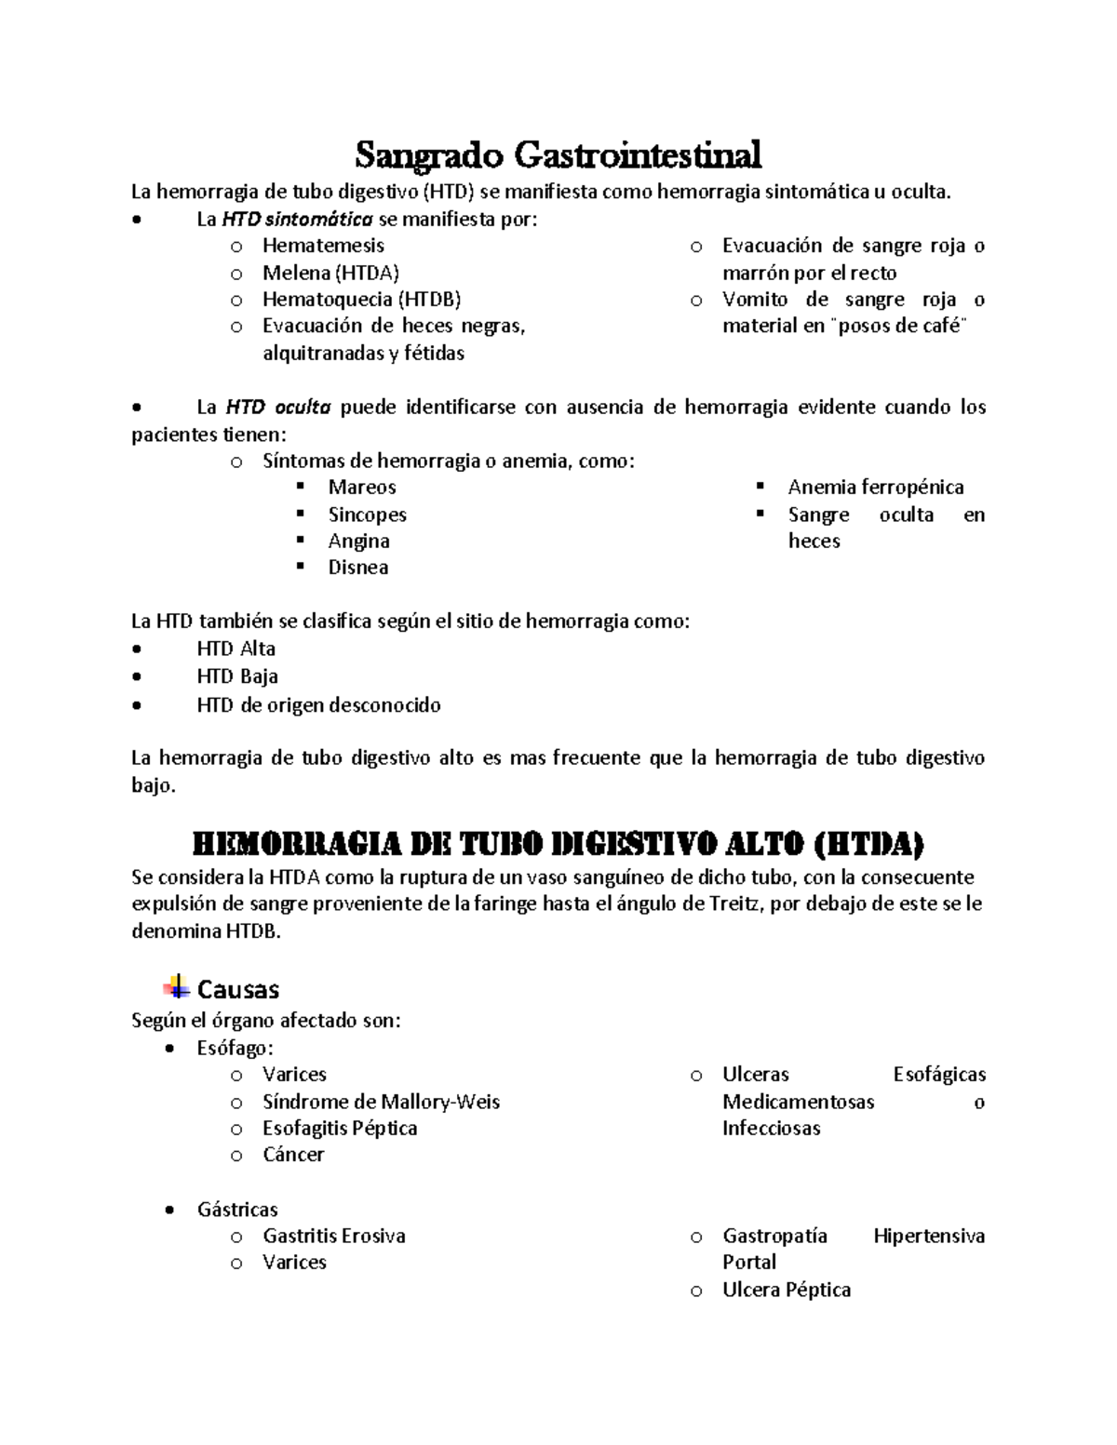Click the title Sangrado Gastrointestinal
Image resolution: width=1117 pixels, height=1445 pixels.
click(x=558, y=154)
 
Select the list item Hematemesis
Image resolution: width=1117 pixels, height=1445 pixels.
click(x=323, y=246)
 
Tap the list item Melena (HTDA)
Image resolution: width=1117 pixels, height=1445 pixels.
click(x=330, y=273)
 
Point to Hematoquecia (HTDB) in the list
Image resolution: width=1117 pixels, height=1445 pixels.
click(x=361, y=300)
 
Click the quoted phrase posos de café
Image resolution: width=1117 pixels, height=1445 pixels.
click(x=897, y=327)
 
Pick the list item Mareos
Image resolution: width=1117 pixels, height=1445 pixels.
click(x=362, y=488)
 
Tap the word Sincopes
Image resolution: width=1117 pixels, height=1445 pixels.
click(x=367, y=515)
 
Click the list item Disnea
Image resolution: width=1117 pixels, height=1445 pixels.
click(x=358, y=568)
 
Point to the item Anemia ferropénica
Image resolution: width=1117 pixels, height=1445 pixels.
click(x=875, y=488)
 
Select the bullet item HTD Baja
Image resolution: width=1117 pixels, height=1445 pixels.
click(x=237, y=676)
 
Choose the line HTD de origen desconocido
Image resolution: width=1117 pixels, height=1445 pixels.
click(x=318, y=705)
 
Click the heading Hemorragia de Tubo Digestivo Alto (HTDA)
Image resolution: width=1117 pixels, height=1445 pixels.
click(x=558, y=845)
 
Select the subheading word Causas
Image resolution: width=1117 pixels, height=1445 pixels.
click(x=238, y=989)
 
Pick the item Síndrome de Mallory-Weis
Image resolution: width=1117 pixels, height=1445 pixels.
click(x=381, y=1103)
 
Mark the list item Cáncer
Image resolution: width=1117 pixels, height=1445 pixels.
click(x=293, y=1155)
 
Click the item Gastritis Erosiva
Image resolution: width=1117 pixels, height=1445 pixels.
click(x=334, y=1237)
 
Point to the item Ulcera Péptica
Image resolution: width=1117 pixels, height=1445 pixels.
click(x=787, y=1291)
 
